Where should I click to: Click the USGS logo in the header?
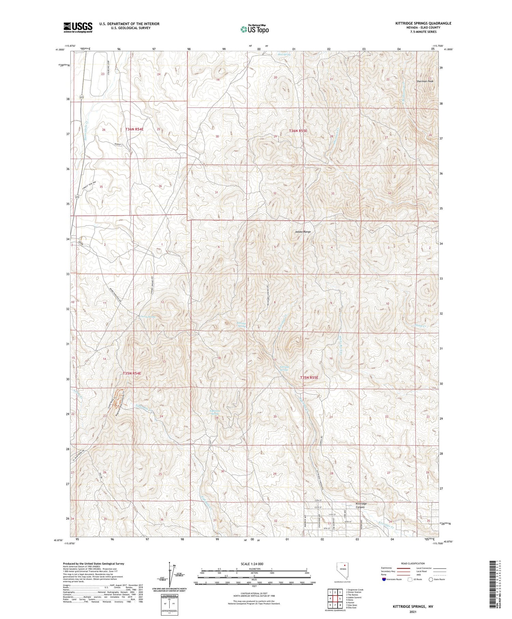pos(78,27)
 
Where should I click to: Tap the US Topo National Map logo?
pos(254,29)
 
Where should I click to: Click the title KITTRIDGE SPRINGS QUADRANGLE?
pos(423,23)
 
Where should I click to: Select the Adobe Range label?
pos(303,232)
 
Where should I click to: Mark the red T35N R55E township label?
pos(309,378)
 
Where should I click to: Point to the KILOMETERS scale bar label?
pos(254,569)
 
